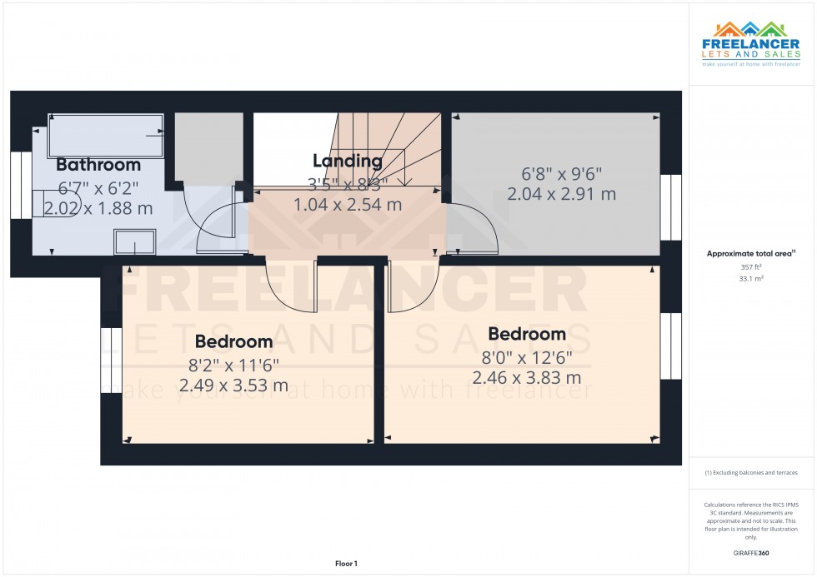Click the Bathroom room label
point(98,164)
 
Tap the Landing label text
point(348,161)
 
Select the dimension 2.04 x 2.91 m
point(562,194)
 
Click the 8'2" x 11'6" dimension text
point(233,364)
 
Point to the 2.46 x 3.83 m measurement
point(527,378)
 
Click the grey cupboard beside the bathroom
point(208,147)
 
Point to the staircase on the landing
point(390,150)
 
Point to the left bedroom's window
point(106,359)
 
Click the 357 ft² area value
point(752,267)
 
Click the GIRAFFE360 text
point(752,553)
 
